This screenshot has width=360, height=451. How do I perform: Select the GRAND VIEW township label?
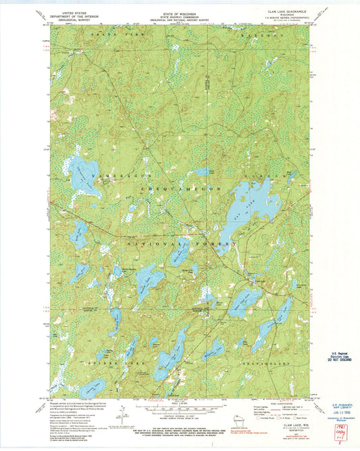[112, 33]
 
